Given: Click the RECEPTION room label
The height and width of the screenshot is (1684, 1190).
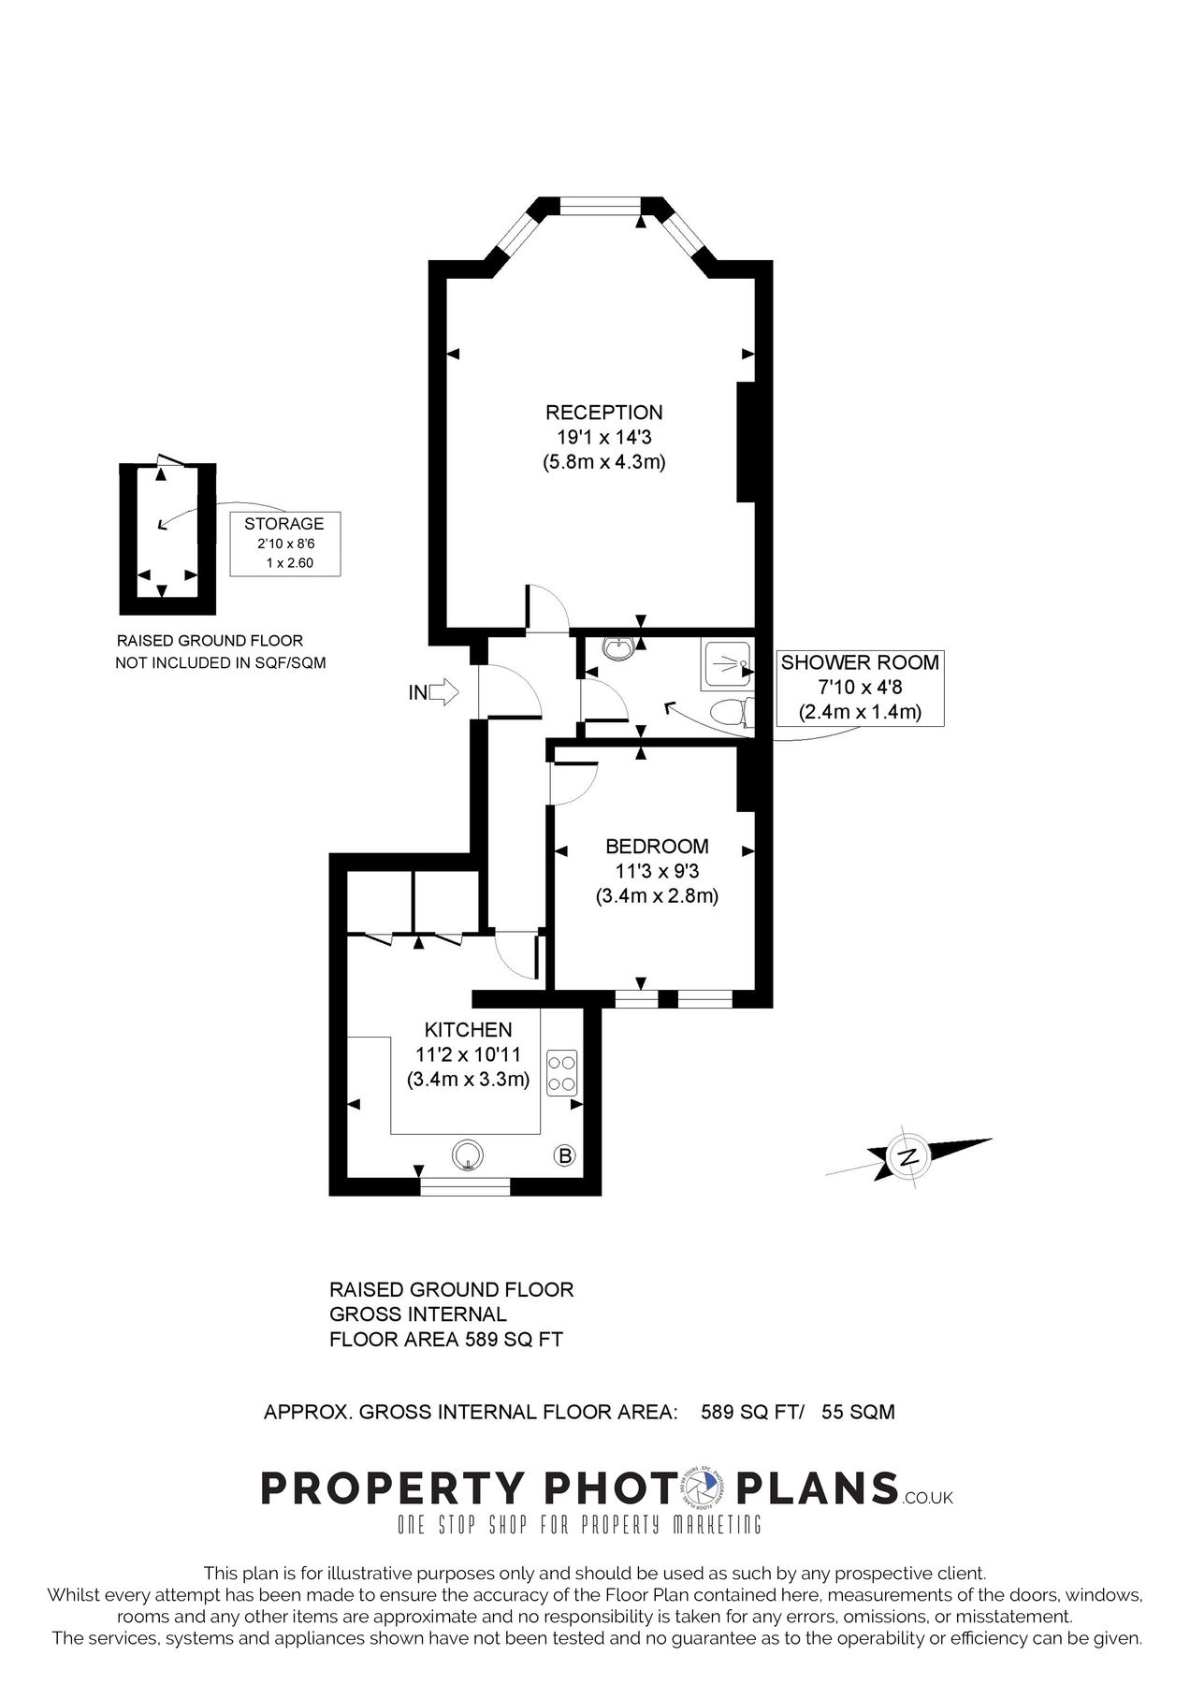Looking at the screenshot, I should pos(603,413).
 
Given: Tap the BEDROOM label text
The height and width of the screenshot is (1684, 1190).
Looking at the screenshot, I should pos(657,847).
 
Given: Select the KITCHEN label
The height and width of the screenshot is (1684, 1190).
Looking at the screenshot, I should pos(468,1030).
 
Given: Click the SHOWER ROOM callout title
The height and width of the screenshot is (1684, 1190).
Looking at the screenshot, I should pos(859,663).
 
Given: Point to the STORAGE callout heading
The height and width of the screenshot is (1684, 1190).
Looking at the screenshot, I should pos(283,524).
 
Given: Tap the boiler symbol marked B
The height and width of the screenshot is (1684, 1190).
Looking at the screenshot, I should pos(565,1156).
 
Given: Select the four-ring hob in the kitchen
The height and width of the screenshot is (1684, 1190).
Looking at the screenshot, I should pos(563,1072).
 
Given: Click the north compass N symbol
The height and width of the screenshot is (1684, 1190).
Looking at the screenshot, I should pos(907,1156).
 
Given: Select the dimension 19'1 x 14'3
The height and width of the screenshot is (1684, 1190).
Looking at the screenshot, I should pos(603,437).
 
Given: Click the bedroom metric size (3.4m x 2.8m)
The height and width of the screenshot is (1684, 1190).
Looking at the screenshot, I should pos(657,895).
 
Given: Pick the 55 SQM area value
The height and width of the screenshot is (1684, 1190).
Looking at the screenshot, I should pos(858,1412).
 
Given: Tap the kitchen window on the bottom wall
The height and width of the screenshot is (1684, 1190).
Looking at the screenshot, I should pos(465,1186).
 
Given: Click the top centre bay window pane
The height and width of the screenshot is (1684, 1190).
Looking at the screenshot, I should pos(601,206).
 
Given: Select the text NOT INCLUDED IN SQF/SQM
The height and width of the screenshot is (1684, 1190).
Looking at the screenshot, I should pos(220,663).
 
